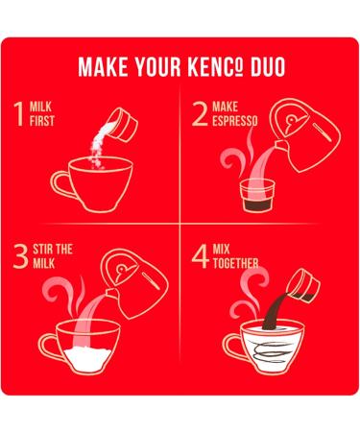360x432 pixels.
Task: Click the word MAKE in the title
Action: click(x=102, y=68)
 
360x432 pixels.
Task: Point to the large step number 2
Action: click(x=200, y=114)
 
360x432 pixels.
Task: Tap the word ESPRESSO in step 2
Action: click(x=237, y=121)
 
